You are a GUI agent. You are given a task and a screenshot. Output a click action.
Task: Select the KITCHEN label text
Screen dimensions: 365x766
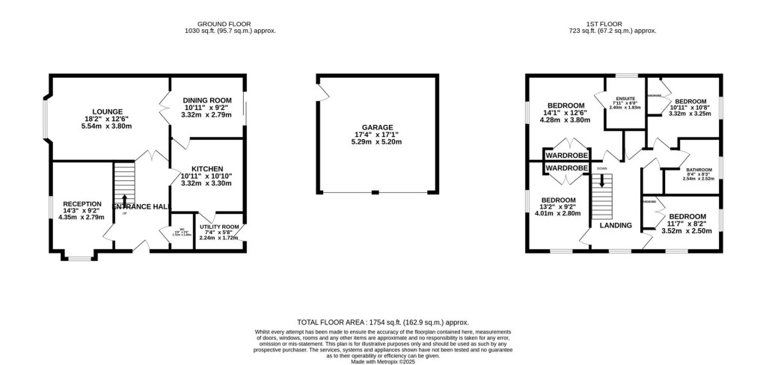(207, 168)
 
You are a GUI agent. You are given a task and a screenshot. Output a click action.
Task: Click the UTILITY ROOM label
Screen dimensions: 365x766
(219, 227)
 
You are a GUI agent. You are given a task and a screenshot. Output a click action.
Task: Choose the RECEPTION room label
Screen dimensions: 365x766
(82, 203)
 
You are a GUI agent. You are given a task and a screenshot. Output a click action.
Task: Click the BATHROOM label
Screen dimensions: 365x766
(699, 170)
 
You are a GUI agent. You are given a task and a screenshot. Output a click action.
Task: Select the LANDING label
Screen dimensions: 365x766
(615, 225)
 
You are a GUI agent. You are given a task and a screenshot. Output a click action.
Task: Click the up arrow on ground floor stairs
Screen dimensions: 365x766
(124, 200)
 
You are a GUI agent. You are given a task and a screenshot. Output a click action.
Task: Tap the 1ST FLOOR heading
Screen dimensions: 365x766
(613, 22)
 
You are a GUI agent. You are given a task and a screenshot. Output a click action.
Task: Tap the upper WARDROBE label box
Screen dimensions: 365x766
(566, 155)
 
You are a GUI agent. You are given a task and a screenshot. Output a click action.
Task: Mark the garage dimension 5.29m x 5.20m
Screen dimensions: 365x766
(378, 141)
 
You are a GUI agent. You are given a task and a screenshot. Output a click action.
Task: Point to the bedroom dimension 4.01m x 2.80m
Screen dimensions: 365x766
(559, 213)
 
